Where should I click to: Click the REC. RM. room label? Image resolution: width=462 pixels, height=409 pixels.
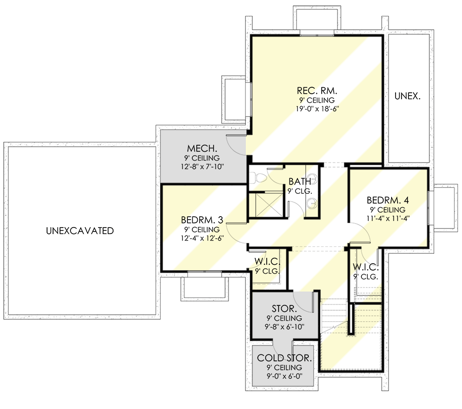(317, 91)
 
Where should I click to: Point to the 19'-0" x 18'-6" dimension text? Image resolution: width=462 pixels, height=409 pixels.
(317, 109)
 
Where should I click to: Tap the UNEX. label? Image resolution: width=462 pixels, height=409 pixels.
(408, 96)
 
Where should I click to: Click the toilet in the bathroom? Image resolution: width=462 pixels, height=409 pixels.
(257, 177)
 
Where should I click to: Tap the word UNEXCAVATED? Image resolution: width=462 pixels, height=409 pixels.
(80, 231)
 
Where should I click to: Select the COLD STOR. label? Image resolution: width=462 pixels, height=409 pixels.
(284, 358)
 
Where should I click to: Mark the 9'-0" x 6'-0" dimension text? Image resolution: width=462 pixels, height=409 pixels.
(284, 376)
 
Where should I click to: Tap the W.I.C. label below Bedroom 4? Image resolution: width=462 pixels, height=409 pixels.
(366, 267)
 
